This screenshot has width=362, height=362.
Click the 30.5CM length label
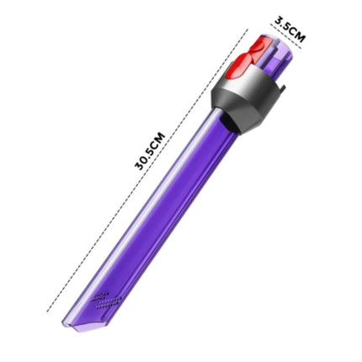coord(149,151)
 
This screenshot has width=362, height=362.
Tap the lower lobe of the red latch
coord(243,65)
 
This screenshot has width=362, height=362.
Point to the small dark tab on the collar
coord(282,86)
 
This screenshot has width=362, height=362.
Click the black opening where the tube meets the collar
coord(228,121)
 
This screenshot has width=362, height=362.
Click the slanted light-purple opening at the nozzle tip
coord(84,323)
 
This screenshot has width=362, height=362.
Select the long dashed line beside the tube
coord(147,170)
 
